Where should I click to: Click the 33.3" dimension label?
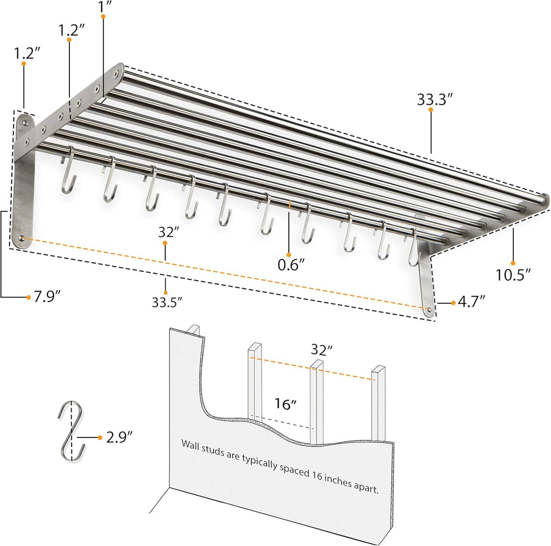[434, 99]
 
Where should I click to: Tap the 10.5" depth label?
[513, 275]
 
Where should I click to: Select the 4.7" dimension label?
[471, 301]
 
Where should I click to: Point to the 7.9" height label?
[47, 296]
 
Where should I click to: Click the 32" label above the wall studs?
[321, 350]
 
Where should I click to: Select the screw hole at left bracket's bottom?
[22, 238]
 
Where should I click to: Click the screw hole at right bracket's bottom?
[428, 309]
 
